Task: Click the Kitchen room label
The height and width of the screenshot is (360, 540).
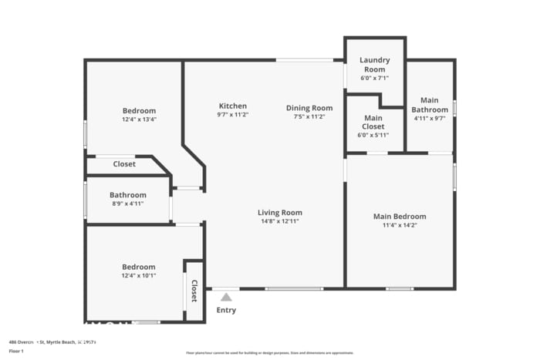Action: point(232,106)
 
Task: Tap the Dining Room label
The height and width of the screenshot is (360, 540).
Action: point(309,108)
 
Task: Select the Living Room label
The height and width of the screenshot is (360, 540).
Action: point(279,213)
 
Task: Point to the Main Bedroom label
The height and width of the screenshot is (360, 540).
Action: point(399,217)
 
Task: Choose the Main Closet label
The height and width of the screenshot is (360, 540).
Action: point(373,122)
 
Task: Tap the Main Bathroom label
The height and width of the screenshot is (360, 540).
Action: point(429,105)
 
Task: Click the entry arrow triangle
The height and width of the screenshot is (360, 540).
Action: point(226,296)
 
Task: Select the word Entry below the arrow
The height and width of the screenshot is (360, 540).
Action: point(226,310)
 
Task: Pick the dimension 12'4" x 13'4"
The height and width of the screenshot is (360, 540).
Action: point(139,119)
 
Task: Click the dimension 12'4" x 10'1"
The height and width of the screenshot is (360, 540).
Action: point(139,275)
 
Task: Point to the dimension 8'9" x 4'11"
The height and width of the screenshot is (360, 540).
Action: point(127,204)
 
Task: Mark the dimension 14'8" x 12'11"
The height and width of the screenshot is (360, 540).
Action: point(279,221)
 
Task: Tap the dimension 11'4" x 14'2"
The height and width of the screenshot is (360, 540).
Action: point(399,225)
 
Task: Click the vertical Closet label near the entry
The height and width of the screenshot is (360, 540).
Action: point(194,291)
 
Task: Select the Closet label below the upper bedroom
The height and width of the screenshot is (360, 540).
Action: point(124,164)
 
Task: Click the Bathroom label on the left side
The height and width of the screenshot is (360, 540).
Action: point(127,195)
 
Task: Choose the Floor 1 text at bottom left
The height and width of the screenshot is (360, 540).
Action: point(16,351)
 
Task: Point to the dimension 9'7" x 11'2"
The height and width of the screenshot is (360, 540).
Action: point(232,115)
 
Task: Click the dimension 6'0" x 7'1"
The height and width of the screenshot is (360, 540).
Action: point(374,78)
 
